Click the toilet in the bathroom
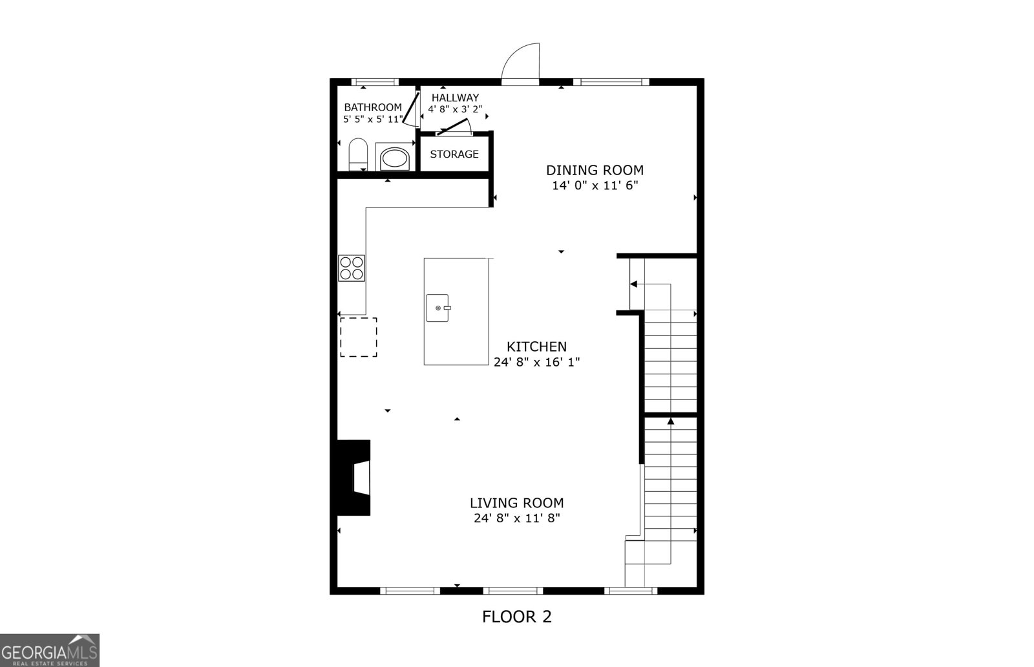(x=357, y=154)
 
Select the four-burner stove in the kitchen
(x=352, y=268)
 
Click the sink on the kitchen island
(x=438, y=308)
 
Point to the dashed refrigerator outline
(x=359, y=337)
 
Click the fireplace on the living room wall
(x=355, y=478)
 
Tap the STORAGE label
(x=454, y=154)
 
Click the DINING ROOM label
(x=595, y=170)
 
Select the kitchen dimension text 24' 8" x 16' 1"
(x=536, y=362)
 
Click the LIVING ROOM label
(x=516, y=503)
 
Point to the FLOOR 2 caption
(x=517, y=617)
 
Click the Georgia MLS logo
(x=49, y=650)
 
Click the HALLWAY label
(x=455, y=98)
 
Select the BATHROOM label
(x=373, y=107)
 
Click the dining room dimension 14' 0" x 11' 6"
(x=595, y=185)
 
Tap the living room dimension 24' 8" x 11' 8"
(x=516, y=518)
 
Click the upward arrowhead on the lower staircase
(x=671, y=421)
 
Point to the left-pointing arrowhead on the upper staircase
(x=633, y=284)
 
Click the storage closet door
(x=453, y=128)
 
